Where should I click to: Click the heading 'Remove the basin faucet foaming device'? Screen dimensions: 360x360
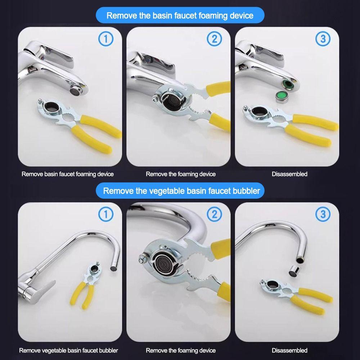[180, 15]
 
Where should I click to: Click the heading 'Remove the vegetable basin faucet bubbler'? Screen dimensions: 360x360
[181, 191]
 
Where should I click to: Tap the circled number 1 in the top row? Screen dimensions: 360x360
[106, 39]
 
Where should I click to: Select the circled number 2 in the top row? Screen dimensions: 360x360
[214, 39]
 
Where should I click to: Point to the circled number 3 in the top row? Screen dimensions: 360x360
[323, 39]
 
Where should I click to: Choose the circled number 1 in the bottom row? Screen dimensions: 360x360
[106, 214]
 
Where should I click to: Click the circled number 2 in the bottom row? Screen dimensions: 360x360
[214, 214]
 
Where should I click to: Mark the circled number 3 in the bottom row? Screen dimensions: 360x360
[323, 214]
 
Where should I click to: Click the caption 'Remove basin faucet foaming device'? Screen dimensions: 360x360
[68, 174]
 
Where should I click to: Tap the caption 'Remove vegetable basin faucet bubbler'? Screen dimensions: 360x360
[68, 350]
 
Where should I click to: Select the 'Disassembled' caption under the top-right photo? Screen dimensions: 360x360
[289, 174]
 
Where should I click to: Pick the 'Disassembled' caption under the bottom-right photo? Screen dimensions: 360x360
[289, 350]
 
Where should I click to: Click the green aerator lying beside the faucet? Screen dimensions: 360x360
[282, 96]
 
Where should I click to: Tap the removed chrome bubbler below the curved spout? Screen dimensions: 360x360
[294, 271]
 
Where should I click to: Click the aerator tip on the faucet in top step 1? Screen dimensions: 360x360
[76, 90]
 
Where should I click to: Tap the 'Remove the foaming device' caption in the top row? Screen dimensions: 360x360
[181, 174]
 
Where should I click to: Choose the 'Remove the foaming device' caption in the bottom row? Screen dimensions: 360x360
[181, 350]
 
